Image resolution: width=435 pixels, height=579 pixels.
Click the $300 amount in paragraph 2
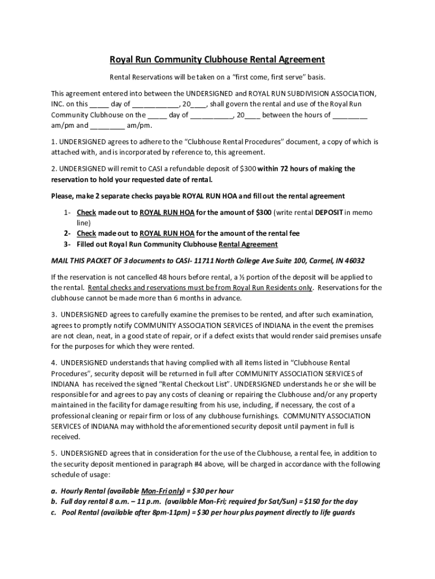(248, 168)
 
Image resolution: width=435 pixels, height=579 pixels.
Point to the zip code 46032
(354, 261)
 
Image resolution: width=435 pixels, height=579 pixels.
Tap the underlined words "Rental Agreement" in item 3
(248, 244)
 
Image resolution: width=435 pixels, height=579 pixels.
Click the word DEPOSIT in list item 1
(328, 212)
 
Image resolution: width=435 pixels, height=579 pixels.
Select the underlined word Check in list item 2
(86, 233)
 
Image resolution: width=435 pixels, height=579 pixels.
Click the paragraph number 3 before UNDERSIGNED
(53, 314)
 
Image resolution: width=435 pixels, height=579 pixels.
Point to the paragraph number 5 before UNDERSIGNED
(53, 453)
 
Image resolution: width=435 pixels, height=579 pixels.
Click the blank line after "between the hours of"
(350, 115)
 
